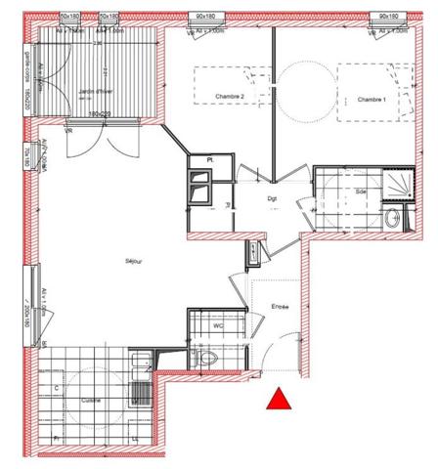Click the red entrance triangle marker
(280, 399)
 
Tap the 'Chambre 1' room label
(372, 101)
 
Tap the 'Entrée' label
(281, 307)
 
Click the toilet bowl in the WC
(208, 359)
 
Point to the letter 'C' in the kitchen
(56, 388)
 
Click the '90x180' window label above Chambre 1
(388, 17)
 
